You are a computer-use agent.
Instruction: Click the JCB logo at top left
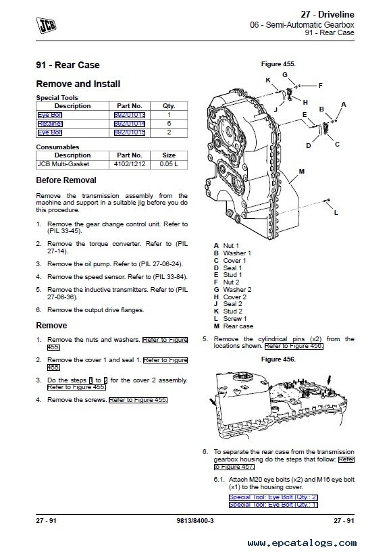pos(46,25)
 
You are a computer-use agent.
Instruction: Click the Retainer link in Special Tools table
pos(50,124)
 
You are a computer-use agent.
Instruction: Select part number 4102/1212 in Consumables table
pos(129,164)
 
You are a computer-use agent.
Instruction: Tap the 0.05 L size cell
pos(169,164)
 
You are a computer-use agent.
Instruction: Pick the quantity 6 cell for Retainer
pos(169,124)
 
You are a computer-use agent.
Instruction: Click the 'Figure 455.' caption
pos(278,64)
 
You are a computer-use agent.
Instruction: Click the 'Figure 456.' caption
pos(278,359)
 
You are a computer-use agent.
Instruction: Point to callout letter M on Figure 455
pos(302,172)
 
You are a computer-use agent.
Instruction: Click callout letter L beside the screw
pos(336,212)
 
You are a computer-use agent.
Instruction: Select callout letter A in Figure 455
pos(343,105)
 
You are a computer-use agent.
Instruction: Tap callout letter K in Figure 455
pos(268,80)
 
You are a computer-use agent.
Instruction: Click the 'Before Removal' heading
pos(66,180)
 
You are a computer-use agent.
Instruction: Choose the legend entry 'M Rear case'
pos(234,326)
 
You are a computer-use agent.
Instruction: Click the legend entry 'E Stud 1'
pos(228,275)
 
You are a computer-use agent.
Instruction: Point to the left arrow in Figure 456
pos(213,403)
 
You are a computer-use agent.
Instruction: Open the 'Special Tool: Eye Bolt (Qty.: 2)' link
pos(273,497)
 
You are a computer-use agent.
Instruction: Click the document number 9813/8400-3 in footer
pos(195,520)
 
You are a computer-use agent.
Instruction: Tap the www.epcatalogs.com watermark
pos(302,543)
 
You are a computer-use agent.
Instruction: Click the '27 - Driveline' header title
pos(328,14)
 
